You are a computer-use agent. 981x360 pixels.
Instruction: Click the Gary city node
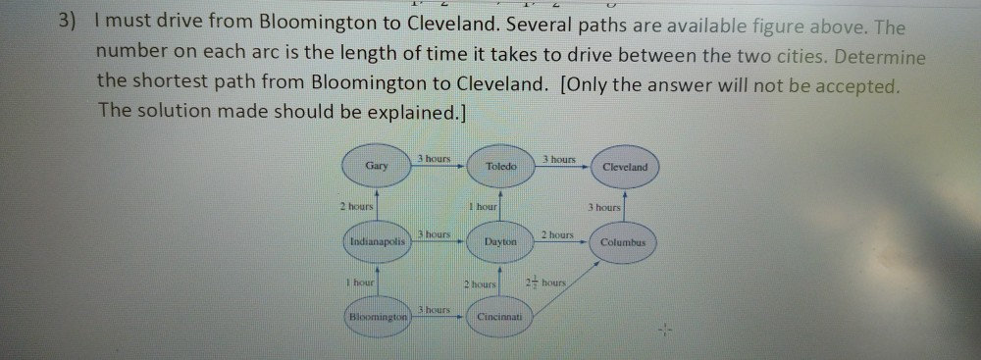[377, 166]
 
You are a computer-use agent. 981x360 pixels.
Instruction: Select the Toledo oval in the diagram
[501, 167]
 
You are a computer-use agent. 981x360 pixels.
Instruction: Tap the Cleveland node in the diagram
[625, 167]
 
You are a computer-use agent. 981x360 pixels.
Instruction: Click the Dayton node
[500, 240]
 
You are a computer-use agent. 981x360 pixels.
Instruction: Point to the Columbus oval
[623, 240]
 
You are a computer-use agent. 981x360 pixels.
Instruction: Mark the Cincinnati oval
[500, 317]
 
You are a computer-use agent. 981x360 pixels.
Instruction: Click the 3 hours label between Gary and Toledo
[434, 159]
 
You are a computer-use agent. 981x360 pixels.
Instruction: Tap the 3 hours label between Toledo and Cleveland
[559, 159]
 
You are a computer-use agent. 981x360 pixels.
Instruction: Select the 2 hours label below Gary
[356, 206]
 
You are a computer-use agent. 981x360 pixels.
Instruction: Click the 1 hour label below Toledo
[484, 206]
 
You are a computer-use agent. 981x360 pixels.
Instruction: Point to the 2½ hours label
[547, 283]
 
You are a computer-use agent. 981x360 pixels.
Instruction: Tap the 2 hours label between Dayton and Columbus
[557, 233]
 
